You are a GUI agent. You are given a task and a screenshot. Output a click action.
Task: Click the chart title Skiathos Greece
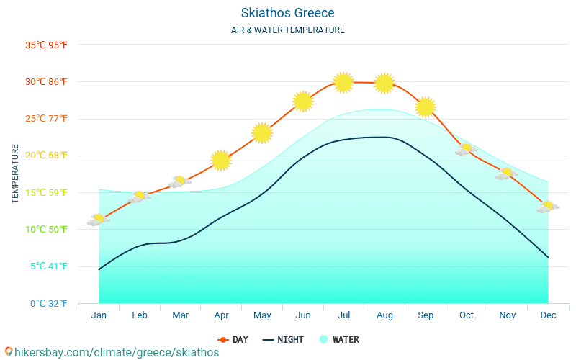pyautogui.click(x=288, y=13)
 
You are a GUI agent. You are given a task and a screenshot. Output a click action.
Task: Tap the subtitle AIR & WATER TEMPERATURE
pyautogui.click(x=288, y=30)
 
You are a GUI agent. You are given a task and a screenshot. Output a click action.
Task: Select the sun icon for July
pyautogui.click(x=343, y=83)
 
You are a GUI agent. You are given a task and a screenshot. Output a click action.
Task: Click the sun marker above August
pyautogui.click(x=384, y=84)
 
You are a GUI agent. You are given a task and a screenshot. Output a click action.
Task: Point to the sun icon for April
pyautogui.click(x=221, y=161)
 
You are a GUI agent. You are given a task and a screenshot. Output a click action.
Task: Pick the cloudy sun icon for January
pyautogui.click(x=98, y=220)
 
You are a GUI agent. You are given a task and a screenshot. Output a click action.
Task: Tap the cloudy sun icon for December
pyautogui.click(x=548, y=207)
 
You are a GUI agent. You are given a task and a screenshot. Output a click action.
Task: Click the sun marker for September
pyautogui.click(x=426, y=107)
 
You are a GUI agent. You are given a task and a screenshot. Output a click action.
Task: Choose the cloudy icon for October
pyautogui.click(x=466, y=150)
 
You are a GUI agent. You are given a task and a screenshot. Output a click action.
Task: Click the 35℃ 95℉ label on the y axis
pyautogui.click(x=46, y=45)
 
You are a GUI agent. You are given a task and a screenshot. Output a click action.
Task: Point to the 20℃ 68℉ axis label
pyautogui.click(x=46, y=156)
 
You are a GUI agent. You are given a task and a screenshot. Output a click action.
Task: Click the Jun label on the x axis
pyautogui.click(x=303, y=315)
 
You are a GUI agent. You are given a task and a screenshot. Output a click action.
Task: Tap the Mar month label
pyautogui.click(x=180, y=315)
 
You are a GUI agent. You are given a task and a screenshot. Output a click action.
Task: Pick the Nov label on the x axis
pyautogui.click(x=507, y=315)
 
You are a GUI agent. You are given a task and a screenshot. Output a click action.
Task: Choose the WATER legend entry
pyautogui.click(x=339, y=340)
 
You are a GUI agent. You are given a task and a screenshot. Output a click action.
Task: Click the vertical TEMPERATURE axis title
pyautogui.click(x=16, y=174)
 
